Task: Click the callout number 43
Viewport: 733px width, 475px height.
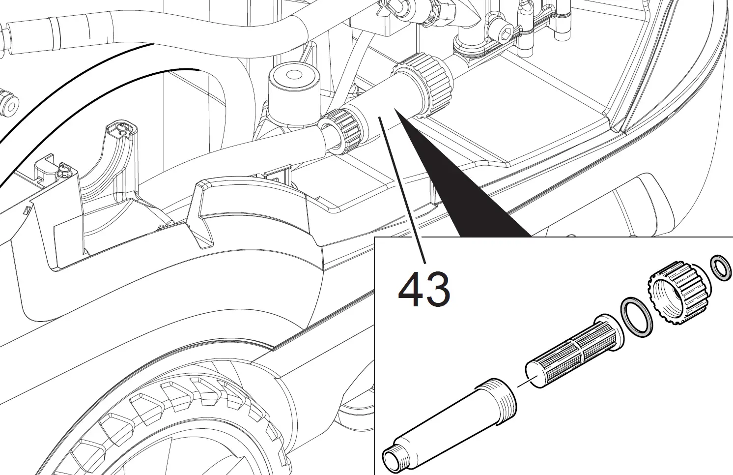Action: [423, 290]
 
